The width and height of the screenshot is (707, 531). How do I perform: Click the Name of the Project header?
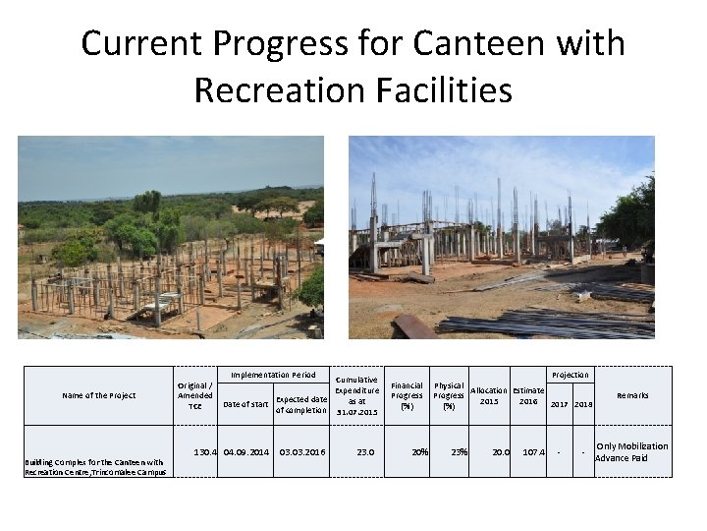(99, 395)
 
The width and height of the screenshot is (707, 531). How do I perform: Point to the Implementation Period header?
(273, 375)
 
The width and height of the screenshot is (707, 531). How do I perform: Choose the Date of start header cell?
(245, 404)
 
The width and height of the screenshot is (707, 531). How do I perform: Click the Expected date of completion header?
(301, 404)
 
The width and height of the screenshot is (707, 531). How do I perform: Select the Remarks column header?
(632, 395)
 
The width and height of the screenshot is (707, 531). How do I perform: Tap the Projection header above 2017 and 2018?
(571, 375)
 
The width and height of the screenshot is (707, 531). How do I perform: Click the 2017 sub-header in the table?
(559, 404)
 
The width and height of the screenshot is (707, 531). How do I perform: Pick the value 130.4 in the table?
(204, 452)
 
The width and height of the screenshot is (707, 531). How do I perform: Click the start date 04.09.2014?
(245, 452)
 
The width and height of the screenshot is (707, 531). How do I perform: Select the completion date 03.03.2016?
(301, 452)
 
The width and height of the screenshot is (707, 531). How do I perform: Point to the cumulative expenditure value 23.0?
(365, 452)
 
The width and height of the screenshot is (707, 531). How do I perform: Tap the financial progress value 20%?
(419, 452)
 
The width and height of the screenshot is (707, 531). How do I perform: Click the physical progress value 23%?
(458, 452)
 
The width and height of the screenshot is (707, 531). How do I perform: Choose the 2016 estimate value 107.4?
(533, 452)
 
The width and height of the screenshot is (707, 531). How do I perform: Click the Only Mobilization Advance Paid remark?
(631, 452)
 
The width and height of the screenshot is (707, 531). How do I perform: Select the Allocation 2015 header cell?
(490, 396)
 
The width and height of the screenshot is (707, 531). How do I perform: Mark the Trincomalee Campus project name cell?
(94, 467)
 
